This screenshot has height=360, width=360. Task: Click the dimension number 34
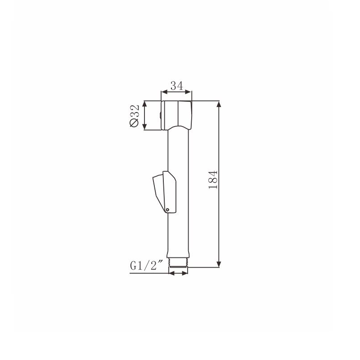tap(177, 86)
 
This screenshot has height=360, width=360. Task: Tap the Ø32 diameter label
tap(134, 116)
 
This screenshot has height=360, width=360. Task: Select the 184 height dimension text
tap(213, 180)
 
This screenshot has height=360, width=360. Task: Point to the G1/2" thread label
tap(147, 266)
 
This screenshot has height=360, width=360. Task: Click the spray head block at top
tap(176, 115)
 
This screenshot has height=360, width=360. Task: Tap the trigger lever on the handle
tap(164, 192)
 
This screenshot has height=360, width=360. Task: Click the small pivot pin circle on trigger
tap(167, 209)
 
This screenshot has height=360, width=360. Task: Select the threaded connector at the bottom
tap(178, 262)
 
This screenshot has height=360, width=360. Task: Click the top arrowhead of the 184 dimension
tap(219, 104)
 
